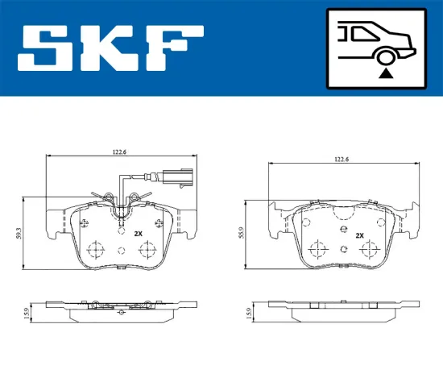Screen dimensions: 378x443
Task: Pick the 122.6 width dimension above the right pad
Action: coord(342,160)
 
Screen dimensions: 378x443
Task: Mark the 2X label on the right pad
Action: coord(359,235)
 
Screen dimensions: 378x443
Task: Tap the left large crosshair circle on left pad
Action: coord(95,249)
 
